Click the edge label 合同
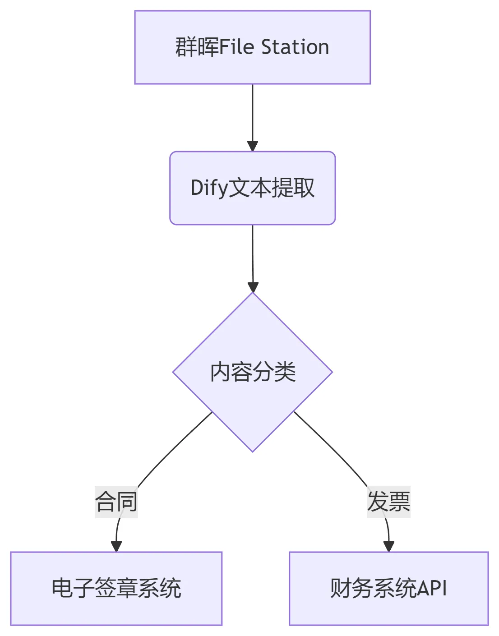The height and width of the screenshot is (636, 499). pos(116,502)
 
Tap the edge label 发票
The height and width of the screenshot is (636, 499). pos(388,502)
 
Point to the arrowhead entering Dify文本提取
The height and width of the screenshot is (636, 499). pos(253,146)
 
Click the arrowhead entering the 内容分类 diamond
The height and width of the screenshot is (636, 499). pos(253,287)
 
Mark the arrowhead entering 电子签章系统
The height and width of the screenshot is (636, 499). pos(116,546)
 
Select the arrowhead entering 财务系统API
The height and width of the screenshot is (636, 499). pos(388,546)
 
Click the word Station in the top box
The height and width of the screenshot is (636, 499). pos(295,47)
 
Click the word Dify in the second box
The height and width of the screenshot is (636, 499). pos(209,188)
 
